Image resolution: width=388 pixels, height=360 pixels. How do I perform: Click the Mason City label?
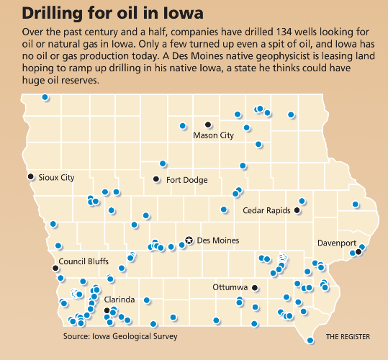click(214, 135)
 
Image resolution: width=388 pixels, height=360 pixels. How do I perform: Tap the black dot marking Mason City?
click(208, 124)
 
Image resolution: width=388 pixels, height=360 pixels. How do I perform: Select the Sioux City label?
click(57, 177)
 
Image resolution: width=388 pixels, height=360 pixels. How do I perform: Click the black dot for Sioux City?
click(30, 176)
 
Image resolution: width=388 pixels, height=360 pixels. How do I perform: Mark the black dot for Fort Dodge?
click(155, 179)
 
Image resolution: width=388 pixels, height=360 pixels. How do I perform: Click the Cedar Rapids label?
click(266, 211)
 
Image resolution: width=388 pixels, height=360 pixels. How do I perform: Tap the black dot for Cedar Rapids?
click(297, 211)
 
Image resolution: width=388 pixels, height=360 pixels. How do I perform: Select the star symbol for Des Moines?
click(189, 240)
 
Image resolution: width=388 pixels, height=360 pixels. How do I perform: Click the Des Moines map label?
click(217, 240)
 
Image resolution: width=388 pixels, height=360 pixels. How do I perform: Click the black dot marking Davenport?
click(358, 252)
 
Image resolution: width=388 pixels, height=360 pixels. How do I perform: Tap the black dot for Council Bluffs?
click(55, 268)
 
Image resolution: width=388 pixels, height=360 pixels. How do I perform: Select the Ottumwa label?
click(230, 287)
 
